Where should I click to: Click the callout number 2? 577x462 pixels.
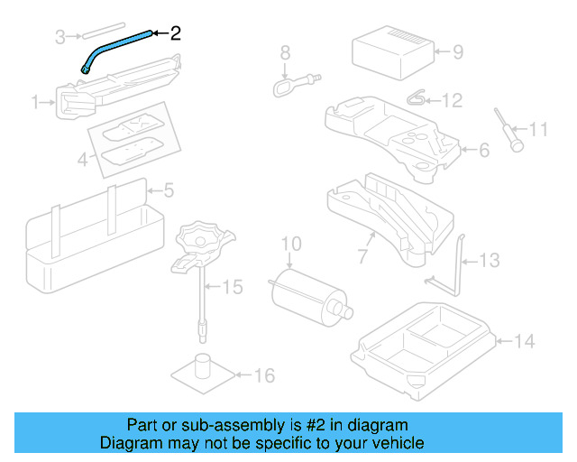click(x=175, y=33)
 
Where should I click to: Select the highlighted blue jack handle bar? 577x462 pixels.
click(x=117, y=44)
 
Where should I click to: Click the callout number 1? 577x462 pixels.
click(x=37, y=104)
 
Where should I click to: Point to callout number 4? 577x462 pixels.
click(x=82, y=161)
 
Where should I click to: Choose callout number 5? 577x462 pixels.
click(x=168, y=190)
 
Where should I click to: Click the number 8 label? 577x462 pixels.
click(x=284, y=51)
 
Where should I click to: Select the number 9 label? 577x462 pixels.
click(x=457, y=51)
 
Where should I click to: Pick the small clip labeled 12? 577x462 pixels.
click(x=417, y=97)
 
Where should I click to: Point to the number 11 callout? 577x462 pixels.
click(x=538, y=130)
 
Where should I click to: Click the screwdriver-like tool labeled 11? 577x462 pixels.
click(x=507, y=128)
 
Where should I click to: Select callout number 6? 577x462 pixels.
click(x=484, y=151)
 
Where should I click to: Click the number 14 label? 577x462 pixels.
click(x=525, y=341)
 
